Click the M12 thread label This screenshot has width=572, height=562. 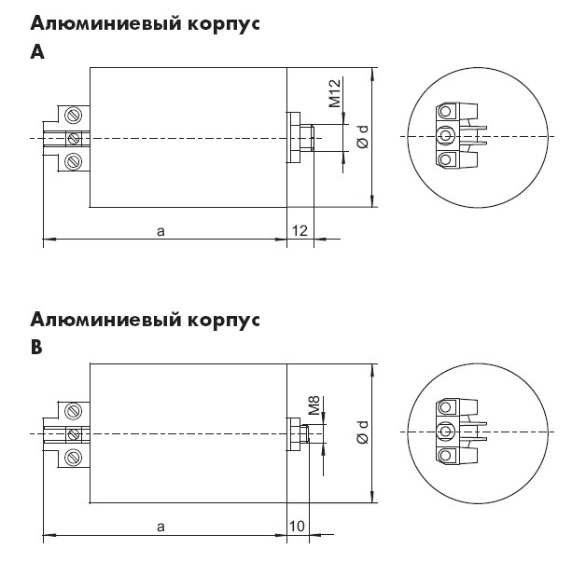334,93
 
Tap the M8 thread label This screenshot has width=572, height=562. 314,405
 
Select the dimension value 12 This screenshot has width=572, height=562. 300,231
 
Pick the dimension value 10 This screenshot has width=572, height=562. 297,527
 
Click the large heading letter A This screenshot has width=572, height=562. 37,52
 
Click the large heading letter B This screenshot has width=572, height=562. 36,348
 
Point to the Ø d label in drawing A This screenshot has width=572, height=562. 363,137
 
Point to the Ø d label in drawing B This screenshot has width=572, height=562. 363,432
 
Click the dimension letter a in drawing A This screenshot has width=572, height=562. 160,231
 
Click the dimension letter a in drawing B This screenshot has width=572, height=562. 160,527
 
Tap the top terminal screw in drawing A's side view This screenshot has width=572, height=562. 74,116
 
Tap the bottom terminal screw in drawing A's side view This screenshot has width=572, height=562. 74,161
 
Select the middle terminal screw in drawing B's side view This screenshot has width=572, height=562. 74,433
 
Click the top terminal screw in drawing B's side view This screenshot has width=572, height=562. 74,411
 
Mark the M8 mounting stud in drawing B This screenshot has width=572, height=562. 305,433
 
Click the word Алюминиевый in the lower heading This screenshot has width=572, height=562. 105,320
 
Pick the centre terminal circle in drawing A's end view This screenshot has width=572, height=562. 445,136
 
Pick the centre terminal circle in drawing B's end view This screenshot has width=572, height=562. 445,432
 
